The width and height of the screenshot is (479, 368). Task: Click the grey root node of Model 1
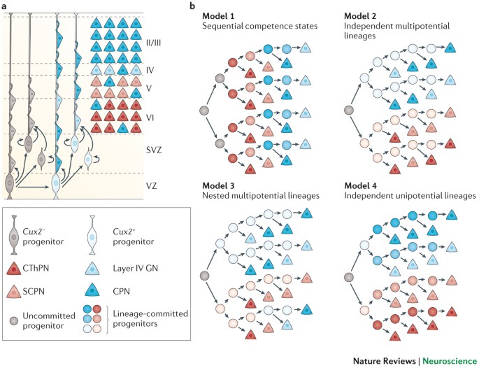(x=203, y=110)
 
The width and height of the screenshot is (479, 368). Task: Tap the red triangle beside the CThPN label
(x=19, y=269)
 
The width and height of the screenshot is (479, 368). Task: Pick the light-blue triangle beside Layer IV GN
(x=102, y=269)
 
